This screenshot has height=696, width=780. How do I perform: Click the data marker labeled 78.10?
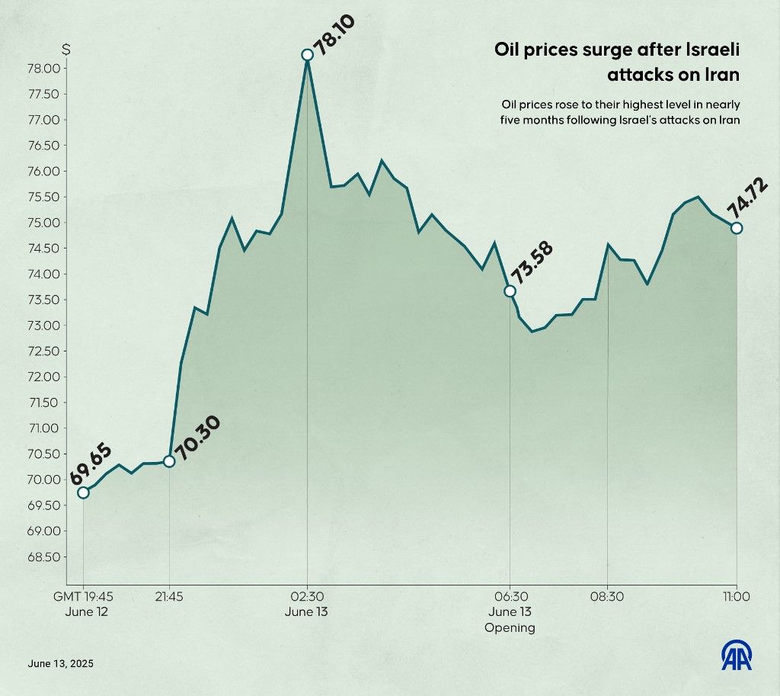(x=307, y=55)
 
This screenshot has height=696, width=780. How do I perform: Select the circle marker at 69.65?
(x=83, y=492)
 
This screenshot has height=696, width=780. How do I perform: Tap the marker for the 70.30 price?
(x=169, y=461)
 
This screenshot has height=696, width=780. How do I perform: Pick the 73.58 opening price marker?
(x=510, y=291)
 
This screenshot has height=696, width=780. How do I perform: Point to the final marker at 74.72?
(x=737, y=228)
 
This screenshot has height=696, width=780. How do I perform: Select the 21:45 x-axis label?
(x=168, y=597)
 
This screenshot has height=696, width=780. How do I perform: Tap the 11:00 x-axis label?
(x=737, y=597)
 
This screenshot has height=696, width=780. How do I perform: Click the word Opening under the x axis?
(x=510, y=628)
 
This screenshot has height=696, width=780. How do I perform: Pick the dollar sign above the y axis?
(x=67, y=50)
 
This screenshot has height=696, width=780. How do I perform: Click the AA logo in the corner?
(x=737, y=656)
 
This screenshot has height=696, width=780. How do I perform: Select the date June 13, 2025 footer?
(x=60, y=664)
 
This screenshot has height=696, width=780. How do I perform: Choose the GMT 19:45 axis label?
(x=83, y=597)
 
